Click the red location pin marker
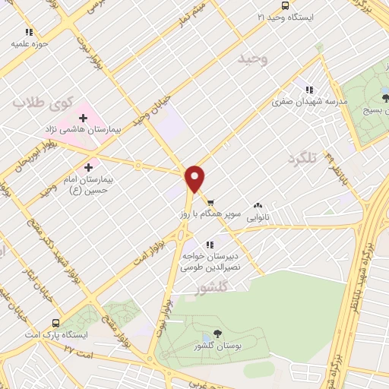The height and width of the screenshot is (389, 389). pyautogui.click(x=195, y=179)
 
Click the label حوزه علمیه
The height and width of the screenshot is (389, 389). pyautogui.click(x=30, y=43)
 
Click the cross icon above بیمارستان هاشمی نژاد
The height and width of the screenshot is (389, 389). pyautogui.click(x=84, y=118)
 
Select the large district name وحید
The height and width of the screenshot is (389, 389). pyautogui.click(x=251, y=58)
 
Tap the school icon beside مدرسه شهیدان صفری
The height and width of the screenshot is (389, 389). pyautogui.click(x=310, y=87)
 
